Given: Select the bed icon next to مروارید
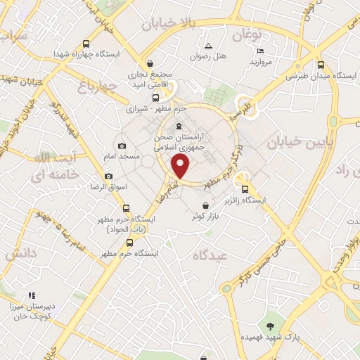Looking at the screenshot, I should [x=259, y=51].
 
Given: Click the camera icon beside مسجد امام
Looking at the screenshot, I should [x=122, y=145].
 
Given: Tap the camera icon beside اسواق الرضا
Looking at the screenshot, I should [x=108, y=176].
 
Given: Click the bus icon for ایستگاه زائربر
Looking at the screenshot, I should [x=245, y=188].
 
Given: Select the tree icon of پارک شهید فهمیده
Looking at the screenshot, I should [x=269, y=326].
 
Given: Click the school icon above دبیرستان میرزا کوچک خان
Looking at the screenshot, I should [x=31, y=295].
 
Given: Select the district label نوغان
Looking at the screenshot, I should [x=246, y=34].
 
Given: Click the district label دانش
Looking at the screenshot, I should [x=21, y=255].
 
